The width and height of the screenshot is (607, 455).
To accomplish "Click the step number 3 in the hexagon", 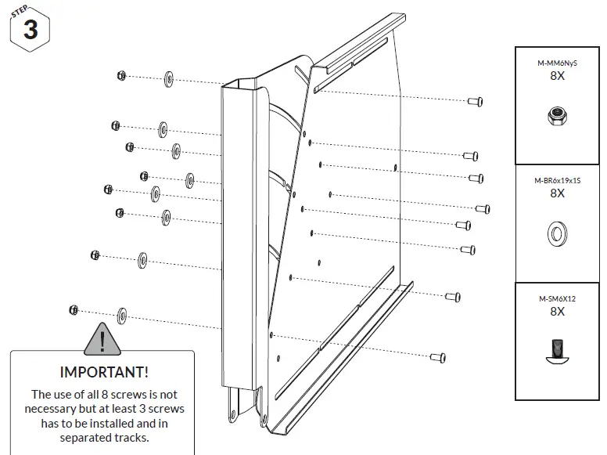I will click(x=31, y=31).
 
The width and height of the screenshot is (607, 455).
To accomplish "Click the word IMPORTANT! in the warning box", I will click(x=104, y=370).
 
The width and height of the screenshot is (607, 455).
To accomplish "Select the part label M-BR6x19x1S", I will click(x=557, y=180).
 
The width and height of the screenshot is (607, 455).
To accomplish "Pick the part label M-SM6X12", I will click(x=557, y=298).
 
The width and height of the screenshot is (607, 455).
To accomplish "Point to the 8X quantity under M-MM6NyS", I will click(x=557, y=76).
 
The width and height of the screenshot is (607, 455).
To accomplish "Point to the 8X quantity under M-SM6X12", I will click(x=557, y=312).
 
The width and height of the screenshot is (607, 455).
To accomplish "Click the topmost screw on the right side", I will click(x=475, y=101).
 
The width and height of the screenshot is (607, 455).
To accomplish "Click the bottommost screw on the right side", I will click(x=438, y=356).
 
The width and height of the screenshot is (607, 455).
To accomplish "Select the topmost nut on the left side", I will click(x=121, y=75).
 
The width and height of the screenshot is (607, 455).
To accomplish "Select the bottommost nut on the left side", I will click(x=74, y=309).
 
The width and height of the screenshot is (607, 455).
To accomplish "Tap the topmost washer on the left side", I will click(x=169, y=79).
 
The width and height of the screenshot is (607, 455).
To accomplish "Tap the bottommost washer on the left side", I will click(x=123, y=315).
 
